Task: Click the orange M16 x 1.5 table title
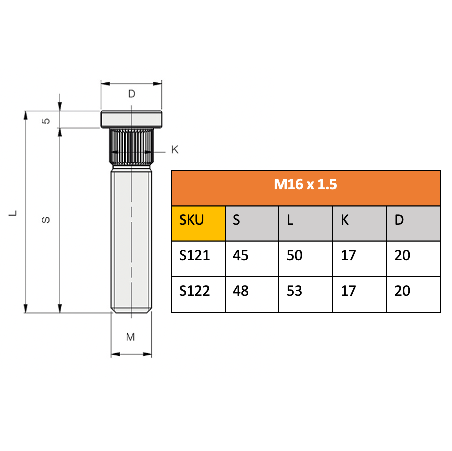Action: coord(305,184)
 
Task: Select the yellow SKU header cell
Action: coord(198,224)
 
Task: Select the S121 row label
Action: coord(194,255)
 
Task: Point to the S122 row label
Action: coord(194,291)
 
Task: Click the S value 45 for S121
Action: coord(240,255)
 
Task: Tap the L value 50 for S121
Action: coord(295,255)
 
